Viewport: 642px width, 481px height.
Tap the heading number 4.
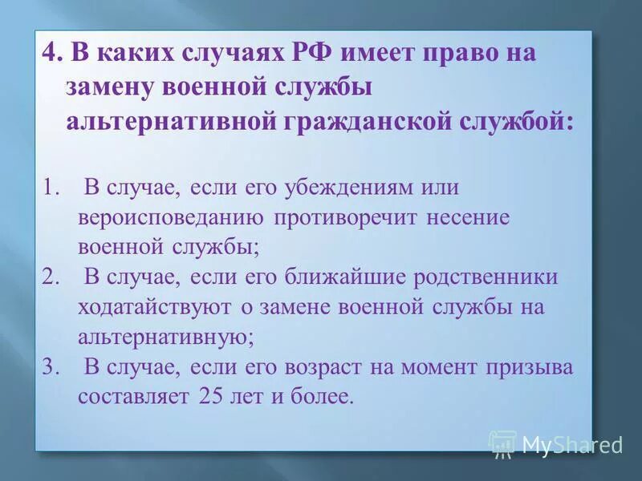click(x=51, y=55)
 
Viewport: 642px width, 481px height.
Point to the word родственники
click(x=486, y=277)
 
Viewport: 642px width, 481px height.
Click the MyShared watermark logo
click(x=555, y=444)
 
